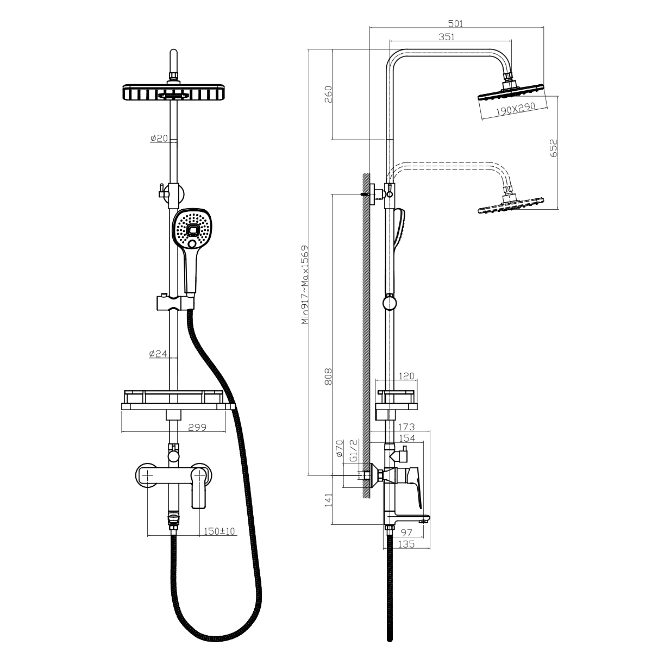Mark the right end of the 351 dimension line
512,40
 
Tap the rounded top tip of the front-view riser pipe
173,50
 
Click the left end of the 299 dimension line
122,432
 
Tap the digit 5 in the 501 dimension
450,24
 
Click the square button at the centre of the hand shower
193,231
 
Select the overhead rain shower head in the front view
173,92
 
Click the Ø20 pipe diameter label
159,139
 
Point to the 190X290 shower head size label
516,109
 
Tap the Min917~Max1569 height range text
305,285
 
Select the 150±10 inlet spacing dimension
219,531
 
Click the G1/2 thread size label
353,450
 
